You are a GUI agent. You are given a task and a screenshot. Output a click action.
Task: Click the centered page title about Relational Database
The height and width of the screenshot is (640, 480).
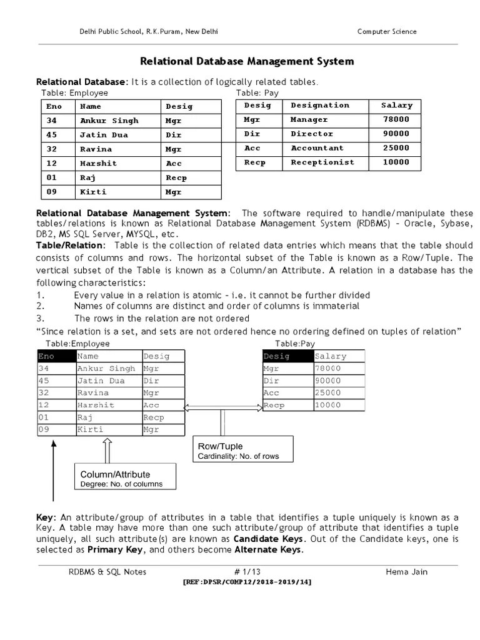pyautogui.click(x=246, y=61)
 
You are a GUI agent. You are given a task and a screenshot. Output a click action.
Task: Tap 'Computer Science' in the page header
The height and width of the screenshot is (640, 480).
pyautogui.click(x=386, y=32)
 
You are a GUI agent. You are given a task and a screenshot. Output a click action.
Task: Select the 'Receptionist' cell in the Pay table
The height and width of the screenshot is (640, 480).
pyautogui.click(x=322, y=162)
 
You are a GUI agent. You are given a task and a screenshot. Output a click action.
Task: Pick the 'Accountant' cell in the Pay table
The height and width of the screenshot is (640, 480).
pyautogui.click(x=317, y=148)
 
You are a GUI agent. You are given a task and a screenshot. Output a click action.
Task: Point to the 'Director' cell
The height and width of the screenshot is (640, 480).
pyautogui.click(x=312, y=134)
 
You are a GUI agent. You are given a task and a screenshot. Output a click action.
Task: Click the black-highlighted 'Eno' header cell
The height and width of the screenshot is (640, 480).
pyautogui.click(x=56, y=356)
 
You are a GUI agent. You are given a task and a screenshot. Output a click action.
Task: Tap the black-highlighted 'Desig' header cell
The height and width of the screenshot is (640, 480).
pyautogui.click(x=287, y=356)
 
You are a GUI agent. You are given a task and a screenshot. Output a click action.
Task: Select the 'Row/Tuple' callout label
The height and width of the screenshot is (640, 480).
pyautogui.click(x=220, y=446)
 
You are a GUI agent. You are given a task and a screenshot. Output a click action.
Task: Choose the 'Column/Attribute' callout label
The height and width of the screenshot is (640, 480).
pyautogui.click(x=115, y=474)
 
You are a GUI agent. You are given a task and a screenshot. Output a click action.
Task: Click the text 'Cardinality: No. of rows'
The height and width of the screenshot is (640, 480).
pyautogui.click(x=238, y=456)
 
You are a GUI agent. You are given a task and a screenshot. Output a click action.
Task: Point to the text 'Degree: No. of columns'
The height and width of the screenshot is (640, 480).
pyautogui.click(x=121, y=484)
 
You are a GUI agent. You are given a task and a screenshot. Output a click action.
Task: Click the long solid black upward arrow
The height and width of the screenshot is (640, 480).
pyautogui.click(x=54, y=469)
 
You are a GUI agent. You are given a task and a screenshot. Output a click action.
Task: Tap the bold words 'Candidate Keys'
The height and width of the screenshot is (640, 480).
pyautogui.click(x=269, y=539)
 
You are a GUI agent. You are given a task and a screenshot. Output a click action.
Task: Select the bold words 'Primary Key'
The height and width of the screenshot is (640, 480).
pyautogui.click(x=116, y=550)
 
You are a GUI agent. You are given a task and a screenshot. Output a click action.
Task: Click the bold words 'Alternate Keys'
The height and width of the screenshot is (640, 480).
pyautogui.click(x=268, y=550)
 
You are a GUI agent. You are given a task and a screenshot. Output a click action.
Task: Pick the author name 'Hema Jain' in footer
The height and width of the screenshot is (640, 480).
pyautogui.click(x=407, y=571)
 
